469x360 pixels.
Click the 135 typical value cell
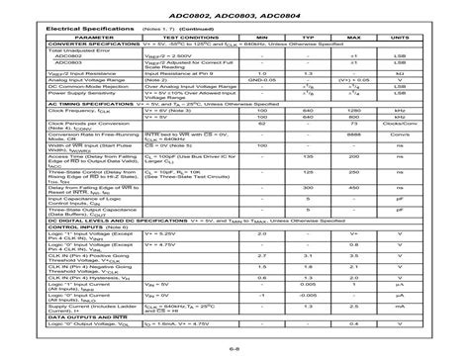[x=307, y=184]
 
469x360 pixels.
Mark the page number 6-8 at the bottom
[x=234, y=348]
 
